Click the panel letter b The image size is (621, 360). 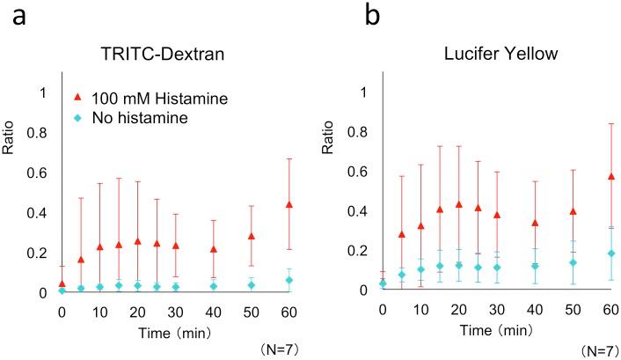tap(335, 16)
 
